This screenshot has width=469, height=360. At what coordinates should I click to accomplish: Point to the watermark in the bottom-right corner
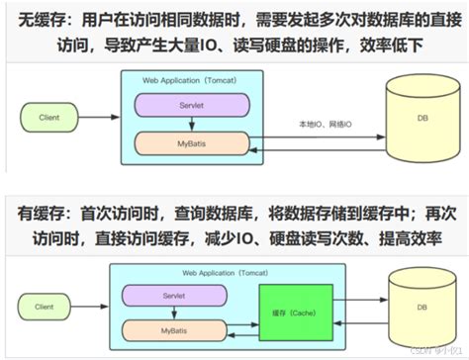435,350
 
